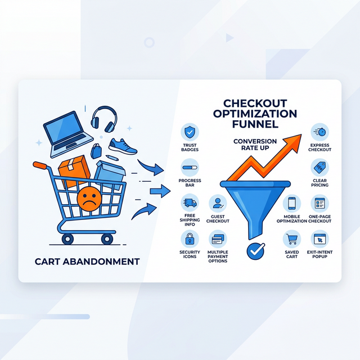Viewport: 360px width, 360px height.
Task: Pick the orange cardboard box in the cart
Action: click(x=75, y=172)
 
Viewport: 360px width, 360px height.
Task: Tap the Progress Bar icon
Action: click(x=190, y=166)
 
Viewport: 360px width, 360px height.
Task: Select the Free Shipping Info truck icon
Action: click(x=190, y=203)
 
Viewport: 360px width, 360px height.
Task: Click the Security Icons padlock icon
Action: click(x=190, y=238)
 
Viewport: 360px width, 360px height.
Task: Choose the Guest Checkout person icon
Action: click(x=218, y=203)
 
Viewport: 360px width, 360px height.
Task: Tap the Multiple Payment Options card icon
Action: click(x=218, y=238)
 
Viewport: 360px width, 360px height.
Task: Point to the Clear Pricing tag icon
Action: click(x=319, y=168)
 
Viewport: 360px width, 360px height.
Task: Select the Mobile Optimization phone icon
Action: click(x=292, y=203)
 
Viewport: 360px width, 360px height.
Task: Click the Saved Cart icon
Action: click(x=292, y=239)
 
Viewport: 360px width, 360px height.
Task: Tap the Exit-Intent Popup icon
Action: click(x=320, y=239)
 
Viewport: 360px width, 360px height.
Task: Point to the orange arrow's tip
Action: click(x=304, y=134)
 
